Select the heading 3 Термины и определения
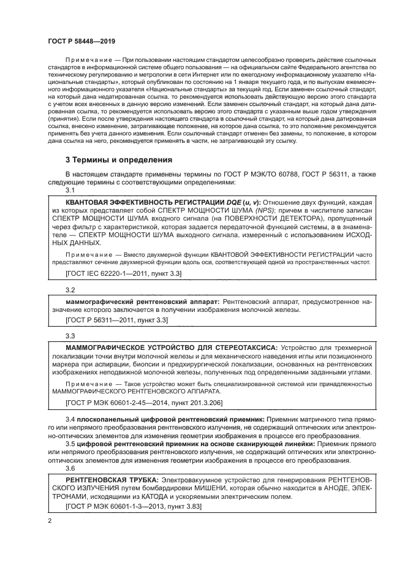pyautogui.click(x=119, y=160)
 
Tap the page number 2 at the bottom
pyautogui.click(x=50, y=521)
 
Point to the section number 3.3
pyautogui.click(x=70, y=336)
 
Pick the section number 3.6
pyautogui.click(x=70, y=467)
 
